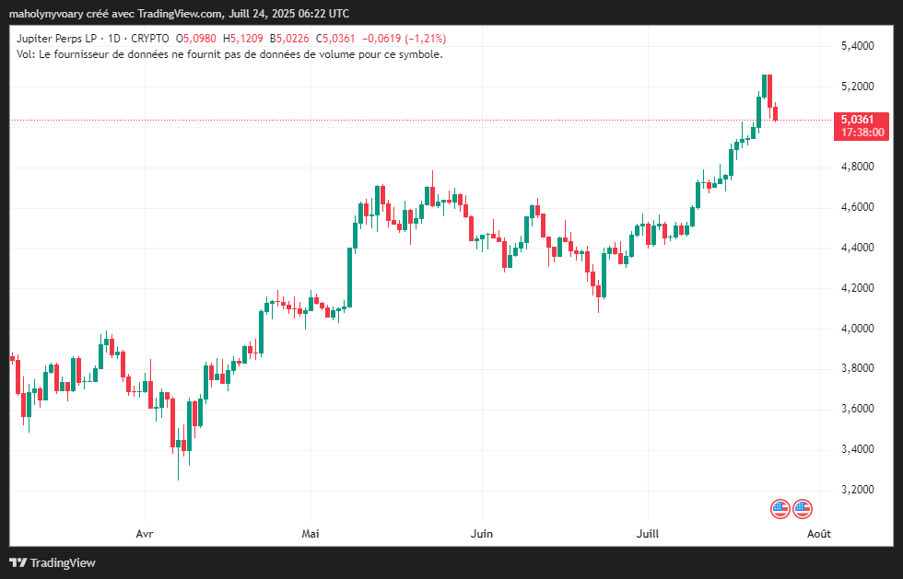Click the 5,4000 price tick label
click(857, 46)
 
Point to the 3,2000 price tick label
click(857, 490)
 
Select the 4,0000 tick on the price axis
click(857, 329)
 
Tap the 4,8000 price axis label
click(857, 167)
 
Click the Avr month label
click(144, 533)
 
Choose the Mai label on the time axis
click(311, 533)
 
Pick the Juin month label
click(481, 533)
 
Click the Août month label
click(818, 533)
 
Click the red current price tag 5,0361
click(862, 120)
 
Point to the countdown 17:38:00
click(862, 133)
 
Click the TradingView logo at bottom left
click(53, 562)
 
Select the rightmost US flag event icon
click(803, 508)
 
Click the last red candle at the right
click(776, 113)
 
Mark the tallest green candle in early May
click(351, 276)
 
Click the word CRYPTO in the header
click(149, 39)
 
